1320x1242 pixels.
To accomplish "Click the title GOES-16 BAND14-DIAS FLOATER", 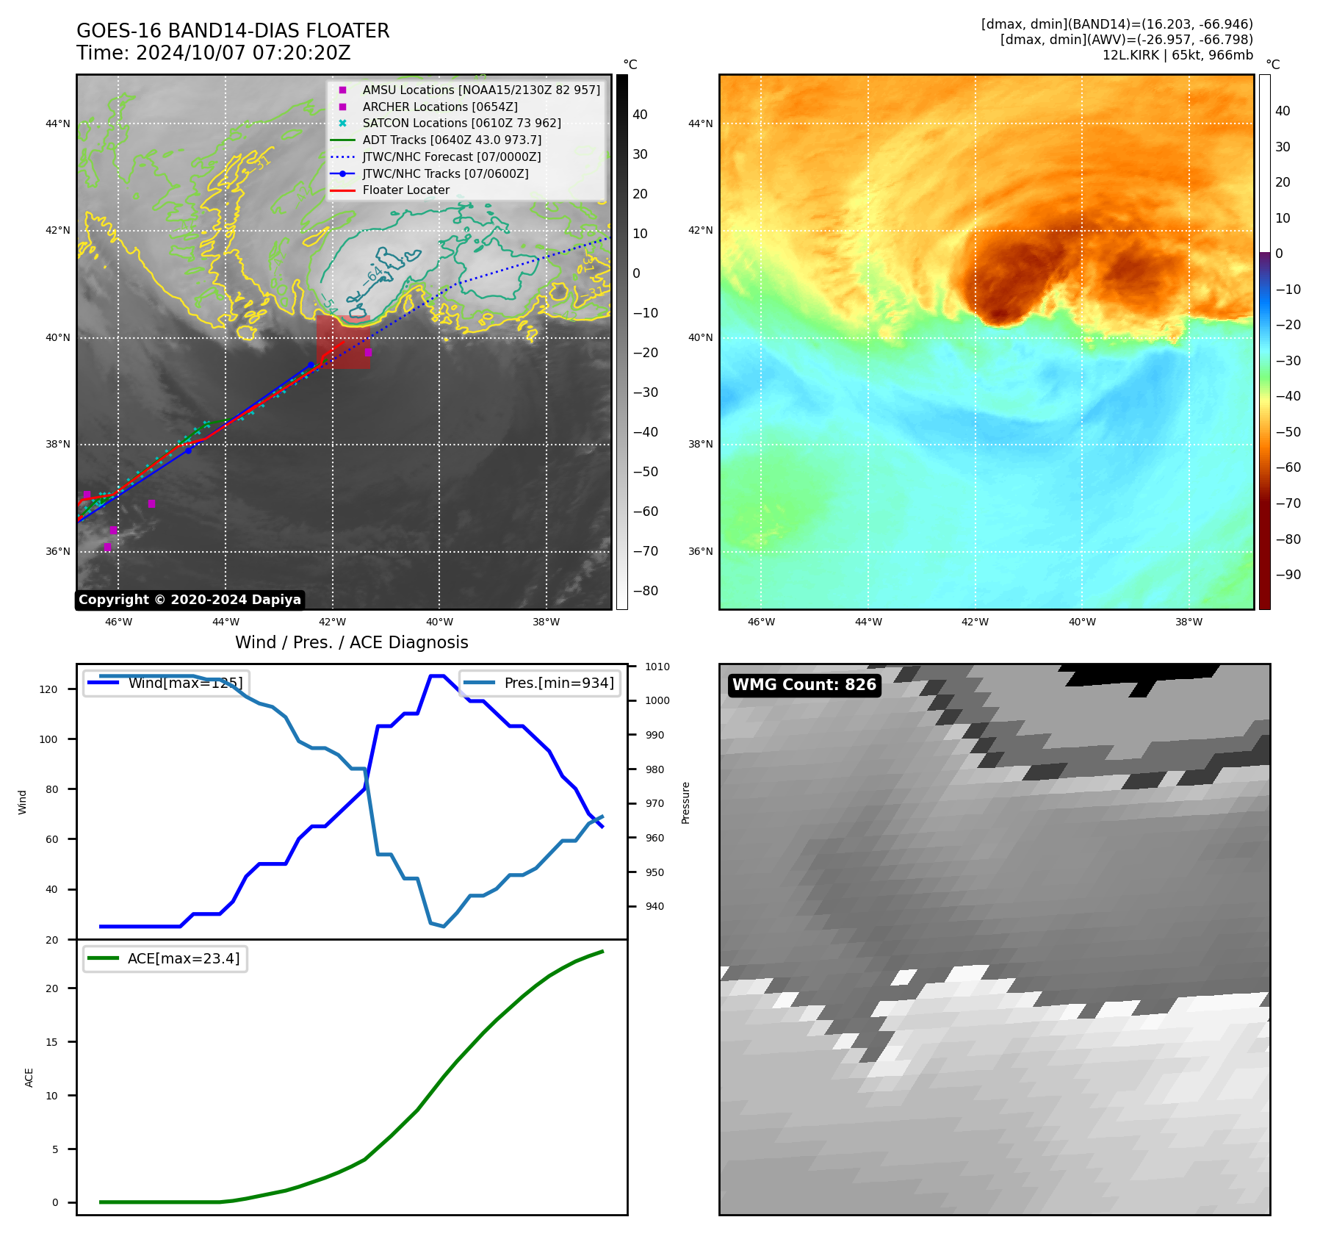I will tap(233, 31).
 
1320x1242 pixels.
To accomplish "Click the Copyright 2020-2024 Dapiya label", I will tap(190, 600).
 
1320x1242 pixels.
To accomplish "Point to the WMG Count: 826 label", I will tap(804, 685).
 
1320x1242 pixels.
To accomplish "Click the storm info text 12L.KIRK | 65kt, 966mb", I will tap(1177, 55).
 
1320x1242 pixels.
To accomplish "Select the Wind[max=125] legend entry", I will tap(185, 683).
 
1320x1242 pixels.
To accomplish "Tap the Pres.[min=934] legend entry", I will tap(559, 683).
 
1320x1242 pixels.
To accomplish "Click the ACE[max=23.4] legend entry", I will tap(184, 958).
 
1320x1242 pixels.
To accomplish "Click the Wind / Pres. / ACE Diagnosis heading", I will tap(351, 642).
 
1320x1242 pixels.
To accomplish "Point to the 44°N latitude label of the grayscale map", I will tap(58, 123).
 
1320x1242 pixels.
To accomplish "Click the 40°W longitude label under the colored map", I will tap(1081, 622).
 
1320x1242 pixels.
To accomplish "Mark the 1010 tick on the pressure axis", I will tap(657, 667).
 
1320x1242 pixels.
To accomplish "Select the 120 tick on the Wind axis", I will tap(48, 689).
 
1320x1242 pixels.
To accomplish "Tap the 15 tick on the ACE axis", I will tap(51, 1042).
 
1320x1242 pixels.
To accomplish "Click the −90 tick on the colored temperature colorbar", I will tap(1288, 575).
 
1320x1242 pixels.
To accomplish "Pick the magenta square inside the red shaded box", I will tap(368, 352).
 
